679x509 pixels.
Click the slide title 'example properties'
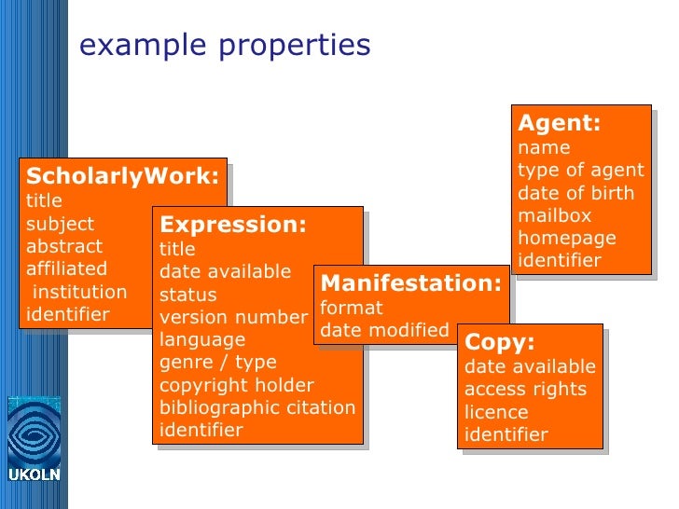[x=225, y=46]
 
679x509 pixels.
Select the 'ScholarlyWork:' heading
[x=123, y=176]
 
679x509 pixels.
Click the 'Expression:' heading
[x=233, y=225]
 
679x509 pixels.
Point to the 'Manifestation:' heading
[x=410, y=283]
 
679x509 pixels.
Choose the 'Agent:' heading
[x=559, y=124]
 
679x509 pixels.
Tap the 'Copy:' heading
[x=500, y=342]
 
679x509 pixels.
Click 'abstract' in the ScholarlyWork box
[x=64, y=247]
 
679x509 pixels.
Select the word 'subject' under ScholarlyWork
[x=60, y=224]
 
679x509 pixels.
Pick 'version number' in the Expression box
[x=233, y=317]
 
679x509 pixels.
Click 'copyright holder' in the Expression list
[x=237, y=385]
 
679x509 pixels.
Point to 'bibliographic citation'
[x=257, y=407]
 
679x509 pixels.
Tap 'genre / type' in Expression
[x=218, y=362]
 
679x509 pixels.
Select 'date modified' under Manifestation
[x=384, y=330]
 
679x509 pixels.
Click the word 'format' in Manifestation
[x=352, y=308]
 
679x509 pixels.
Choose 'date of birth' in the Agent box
[x=575, y=193]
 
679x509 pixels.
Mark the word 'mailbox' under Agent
[x=555, y=215]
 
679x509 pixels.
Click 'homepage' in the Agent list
[x=567, y=238]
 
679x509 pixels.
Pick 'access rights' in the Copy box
[x=525, y=389]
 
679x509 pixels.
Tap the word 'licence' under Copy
[x=496, y=412]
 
